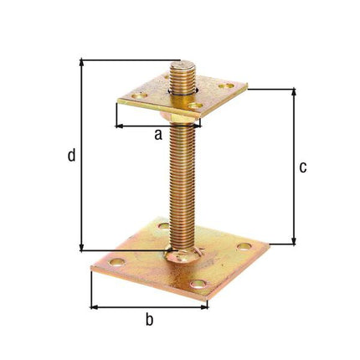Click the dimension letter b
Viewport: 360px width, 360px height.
(x=149, y=319)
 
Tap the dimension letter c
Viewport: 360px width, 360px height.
(x=302, y=167)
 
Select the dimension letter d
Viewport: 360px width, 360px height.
(x=71, y=155)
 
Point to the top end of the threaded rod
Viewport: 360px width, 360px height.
(x=183, y=65)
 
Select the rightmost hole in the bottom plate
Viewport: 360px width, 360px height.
(x=244, y=246)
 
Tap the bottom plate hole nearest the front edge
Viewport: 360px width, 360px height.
(x=198, y=285)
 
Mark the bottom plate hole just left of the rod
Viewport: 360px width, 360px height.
(x=162, y=225)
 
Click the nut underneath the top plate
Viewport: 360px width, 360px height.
(x=183, y=116)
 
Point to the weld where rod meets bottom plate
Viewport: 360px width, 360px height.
(x=182, y=255)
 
